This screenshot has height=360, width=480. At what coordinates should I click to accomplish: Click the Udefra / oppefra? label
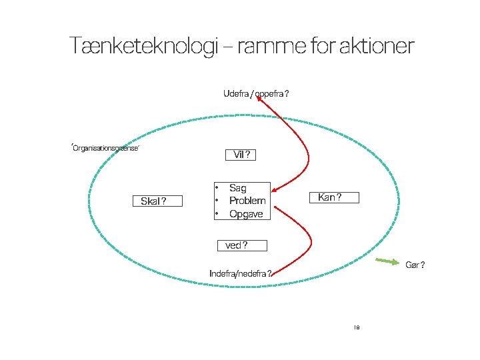(x=256, y=94)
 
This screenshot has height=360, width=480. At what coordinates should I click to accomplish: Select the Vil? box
(x=241, y=155)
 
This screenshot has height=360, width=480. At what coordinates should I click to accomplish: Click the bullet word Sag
(x=237, y=189)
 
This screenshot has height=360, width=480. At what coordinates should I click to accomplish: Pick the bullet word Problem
(x=247, y=201)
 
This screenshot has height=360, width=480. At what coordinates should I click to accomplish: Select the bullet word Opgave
(x=246, y=214)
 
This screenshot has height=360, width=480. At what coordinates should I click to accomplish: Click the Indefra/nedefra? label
(x=240, y=273)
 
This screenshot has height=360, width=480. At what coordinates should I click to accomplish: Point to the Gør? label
(x=415, y=265)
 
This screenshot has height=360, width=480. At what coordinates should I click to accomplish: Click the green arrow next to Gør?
(x=387, y=261)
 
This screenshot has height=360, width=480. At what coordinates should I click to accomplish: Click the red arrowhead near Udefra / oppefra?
(x=261, y=99)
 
